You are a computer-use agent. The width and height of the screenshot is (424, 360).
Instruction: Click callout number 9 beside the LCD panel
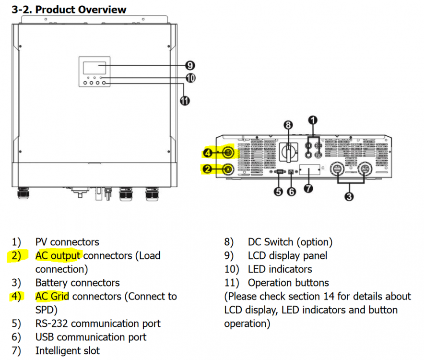click(190, 65)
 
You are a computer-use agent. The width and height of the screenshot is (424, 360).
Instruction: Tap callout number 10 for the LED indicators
click(190, 78)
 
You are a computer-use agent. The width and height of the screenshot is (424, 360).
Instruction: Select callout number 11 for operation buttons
click(185, 101)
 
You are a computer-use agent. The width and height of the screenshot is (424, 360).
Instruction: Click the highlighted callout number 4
click(208, 153)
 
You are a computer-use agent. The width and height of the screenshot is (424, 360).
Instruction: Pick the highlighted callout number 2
click(208, 169)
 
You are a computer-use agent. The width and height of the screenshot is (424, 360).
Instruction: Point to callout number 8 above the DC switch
click(288, 125)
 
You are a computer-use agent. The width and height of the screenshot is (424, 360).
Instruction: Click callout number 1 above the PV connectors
click(313, 120)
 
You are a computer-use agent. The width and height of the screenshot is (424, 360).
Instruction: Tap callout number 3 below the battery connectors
click(349, 196)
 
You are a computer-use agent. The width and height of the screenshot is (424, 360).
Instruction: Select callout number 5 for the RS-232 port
click(278, 192)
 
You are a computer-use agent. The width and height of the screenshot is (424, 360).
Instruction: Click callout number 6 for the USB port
click(291, 192)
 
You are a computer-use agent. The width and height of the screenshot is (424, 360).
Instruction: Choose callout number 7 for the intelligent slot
click(308, 188)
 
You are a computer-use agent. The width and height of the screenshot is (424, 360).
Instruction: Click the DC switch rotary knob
click(289, 152)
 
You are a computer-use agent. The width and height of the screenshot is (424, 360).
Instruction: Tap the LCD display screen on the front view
click(94, 68)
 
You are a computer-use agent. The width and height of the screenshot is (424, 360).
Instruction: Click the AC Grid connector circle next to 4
click(228, 153)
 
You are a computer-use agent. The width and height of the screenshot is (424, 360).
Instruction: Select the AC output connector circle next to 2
click(228, 169)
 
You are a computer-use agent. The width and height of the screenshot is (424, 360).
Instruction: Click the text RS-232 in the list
click(51, 324)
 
